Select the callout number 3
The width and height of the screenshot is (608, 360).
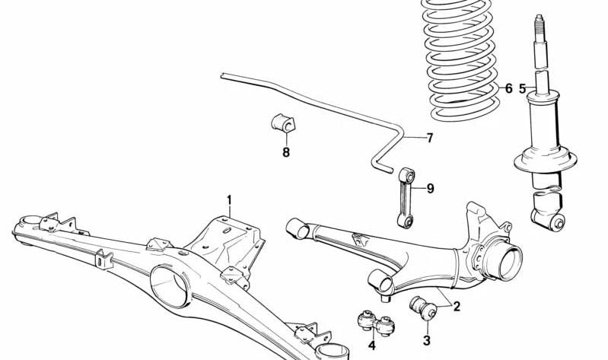point(427,341)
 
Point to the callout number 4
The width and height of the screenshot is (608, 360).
point(372,346)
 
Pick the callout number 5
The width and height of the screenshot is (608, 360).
point(523,89)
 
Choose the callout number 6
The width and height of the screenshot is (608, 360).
point(508,89)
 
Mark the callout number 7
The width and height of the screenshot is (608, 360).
point(429,138)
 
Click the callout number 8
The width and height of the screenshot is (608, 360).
point(286,152)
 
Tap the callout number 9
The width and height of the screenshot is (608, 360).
point(430,188)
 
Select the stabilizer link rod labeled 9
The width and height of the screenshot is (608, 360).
point(403,198)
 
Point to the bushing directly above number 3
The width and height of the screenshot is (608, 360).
point(422,309)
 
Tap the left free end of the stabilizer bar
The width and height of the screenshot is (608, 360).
point(223,75)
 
